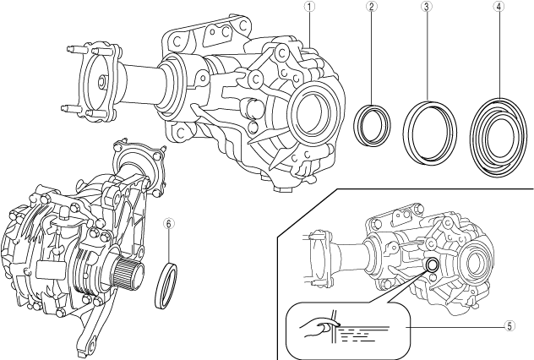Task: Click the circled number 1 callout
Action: [309, 6]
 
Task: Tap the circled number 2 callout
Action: [372, 6]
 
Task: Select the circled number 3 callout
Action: [427, 6]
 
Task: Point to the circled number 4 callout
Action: [499, 6]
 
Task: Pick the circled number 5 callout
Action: [509, 326]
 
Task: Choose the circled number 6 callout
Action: [169, 223]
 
